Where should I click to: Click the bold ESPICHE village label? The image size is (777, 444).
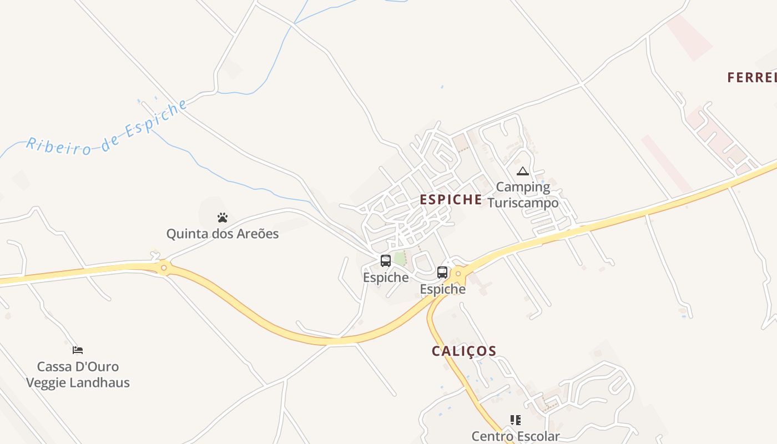coord(451,200)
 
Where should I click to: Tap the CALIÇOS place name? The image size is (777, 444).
coord(464,351)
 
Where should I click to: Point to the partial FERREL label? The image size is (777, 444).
coord(752,78)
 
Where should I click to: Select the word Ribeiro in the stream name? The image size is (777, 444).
coord(58,146)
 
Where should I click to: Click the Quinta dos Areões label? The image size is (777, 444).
coord(223,234)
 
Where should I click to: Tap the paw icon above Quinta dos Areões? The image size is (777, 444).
coord(223,218)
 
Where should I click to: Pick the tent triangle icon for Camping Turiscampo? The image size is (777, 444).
coord(522,171)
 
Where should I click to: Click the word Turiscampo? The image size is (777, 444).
coord(523,203)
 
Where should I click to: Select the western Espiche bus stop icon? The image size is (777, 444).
coord(386,260)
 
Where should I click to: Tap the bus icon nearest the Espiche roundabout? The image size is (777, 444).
coord(442,273)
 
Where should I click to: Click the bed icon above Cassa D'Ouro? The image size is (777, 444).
coord(78,350)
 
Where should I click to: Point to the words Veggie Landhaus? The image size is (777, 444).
coord(78,382)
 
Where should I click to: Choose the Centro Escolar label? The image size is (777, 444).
coord(516,436)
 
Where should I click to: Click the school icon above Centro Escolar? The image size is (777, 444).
coord(516,420)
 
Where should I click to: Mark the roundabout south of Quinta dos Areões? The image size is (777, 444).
coord(164,268)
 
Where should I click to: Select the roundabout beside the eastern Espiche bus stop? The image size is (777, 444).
coord(458,274)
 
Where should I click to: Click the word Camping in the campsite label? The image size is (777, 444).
coord(523,187)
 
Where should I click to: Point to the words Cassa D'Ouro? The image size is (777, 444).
coord(78,366)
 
